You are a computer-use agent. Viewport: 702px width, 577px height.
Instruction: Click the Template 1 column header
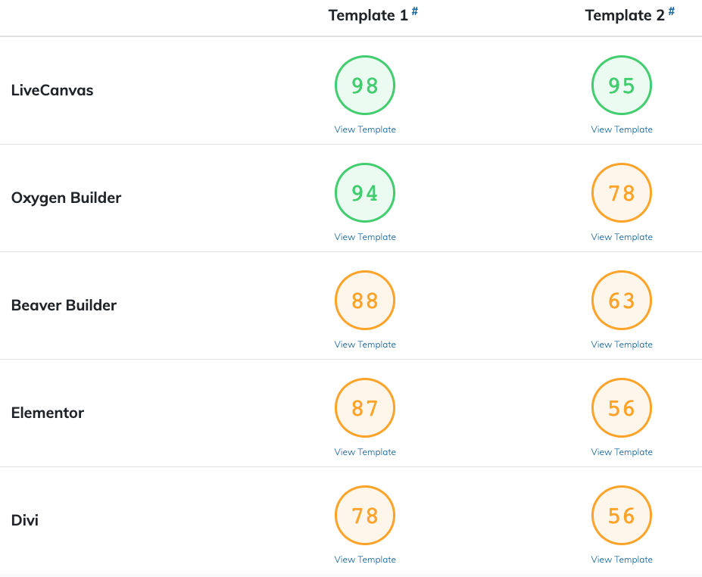click(x=368, y=15)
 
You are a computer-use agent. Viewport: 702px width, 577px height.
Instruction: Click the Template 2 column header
click(x=625, y=15)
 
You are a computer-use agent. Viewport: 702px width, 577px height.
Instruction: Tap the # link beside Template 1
click(x=415, y=11)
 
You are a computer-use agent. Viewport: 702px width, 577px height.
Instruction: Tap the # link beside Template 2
click(x=672, y=11)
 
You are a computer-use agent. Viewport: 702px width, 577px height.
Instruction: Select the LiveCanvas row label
click(x=52, y=90)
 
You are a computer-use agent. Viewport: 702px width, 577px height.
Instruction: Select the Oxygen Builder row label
click(x=66, y=198)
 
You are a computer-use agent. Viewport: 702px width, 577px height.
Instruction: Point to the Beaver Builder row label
click(x=64, y=305)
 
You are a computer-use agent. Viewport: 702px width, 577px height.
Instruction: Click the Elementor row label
click(x=47, y=413)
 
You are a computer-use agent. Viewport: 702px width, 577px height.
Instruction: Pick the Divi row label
click(x=25, y=520)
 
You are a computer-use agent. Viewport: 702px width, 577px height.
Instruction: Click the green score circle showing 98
click(x=365, y=85)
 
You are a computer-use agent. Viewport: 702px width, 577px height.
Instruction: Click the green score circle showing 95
click(x=622, y=85)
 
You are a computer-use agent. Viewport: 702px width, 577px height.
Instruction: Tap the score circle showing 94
click(x=365, y=192)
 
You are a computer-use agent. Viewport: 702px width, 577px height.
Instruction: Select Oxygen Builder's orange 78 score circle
click(x=622, y=192)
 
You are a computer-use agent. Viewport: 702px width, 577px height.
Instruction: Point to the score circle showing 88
click(x=365, y=301)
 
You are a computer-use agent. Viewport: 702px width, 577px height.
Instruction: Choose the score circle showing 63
click(x=622, y=301)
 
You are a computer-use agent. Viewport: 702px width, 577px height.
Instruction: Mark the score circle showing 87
click(x=365, y=408)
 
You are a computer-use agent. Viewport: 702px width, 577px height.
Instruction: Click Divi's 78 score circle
click(x=365, y=515)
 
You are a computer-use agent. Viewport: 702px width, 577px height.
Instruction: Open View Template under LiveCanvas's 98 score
click(x=365, y=129)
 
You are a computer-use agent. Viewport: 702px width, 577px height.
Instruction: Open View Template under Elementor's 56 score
click(x=622, y=452)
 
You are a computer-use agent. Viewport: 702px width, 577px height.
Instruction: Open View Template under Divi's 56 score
click(x=622, y=560)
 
